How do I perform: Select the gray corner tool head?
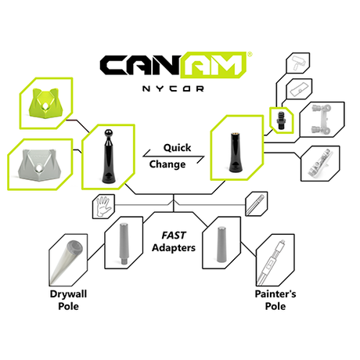(39, 164)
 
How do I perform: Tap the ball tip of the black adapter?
(108, 133)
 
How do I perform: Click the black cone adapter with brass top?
(236, 153)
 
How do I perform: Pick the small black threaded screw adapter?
(282, 121)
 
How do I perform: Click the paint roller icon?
(298, 63)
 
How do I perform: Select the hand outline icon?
(103, 207)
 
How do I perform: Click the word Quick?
(177, 148)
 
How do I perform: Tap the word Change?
(167, 164)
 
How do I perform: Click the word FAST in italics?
(174, 236)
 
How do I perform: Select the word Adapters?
(174, 247)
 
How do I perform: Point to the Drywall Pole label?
(68, 300)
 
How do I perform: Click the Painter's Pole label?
(275, 300)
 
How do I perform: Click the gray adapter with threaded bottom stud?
(124, 243)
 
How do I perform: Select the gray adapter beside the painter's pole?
(221, 244)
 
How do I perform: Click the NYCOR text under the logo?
(173, 88)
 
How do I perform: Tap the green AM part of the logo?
(214, 65)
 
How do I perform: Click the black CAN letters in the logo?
(141, 65)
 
